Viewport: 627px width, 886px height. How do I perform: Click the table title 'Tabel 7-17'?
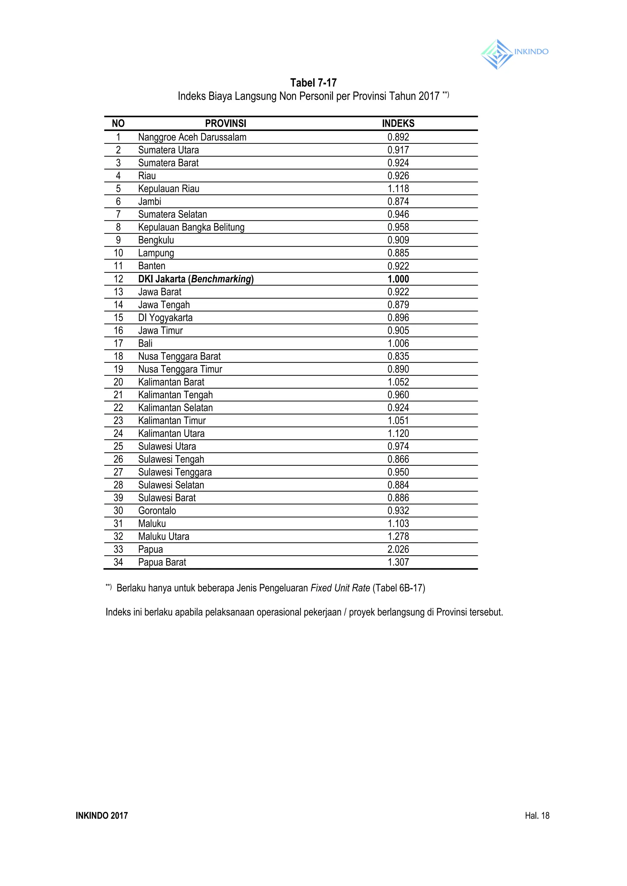[313, 83]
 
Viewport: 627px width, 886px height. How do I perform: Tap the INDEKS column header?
[398, 123]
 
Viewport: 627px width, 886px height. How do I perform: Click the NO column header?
[118, 123]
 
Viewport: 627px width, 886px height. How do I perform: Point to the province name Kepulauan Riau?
[169, 189]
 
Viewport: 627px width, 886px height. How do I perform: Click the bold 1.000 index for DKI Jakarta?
[398, 279]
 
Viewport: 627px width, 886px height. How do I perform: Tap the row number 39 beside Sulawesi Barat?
[118, 498]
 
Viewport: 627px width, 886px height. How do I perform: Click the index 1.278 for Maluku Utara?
[398, 536]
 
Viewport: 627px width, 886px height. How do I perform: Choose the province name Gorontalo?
[157, 510]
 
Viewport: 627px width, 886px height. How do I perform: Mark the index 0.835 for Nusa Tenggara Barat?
[398, 356]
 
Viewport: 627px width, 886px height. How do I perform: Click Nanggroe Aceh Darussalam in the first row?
[192, 137]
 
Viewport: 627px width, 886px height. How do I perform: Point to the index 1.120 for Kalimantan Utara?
[398, 433]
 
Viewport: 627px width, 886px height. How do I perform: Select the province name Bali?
[145, 343]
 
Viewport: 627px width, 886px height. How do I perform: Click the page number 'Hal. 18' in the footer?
[537, 815]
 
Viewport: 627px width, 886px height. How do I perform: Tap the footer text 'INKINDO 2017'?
[102, 815]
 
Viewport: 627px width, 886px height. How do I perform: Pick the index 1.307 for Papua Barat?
[398, 562]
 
